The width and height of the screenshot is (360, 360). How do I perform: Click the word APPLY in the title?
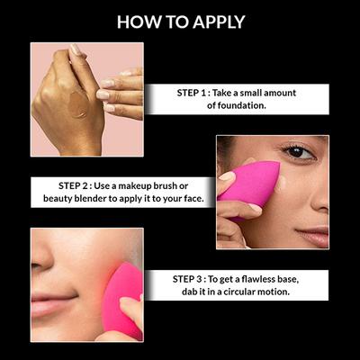point(219,22)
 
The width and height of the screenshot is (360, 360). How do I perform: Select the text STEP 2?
point(74,186)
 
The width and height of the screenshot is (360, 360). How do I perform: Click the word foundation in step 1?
point(241,105)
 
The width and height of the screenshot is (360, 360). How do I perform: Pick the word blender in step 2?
point(91,199)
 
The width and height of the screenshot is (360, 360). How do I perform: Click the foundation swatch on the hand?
point(78,104)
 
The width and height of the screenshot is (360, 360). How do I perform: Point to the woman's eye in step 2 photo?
point(298,152)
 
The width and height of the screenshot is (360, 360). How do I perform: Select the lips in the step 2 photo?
point(313,236)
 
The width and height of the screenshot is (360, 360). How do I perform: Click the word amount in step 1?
point(280,93)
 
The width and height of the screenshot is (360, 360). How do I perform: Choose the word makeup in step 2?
point(135,186)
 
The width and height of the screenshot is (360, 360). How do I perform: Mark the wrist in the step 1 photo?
point(80,144)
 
